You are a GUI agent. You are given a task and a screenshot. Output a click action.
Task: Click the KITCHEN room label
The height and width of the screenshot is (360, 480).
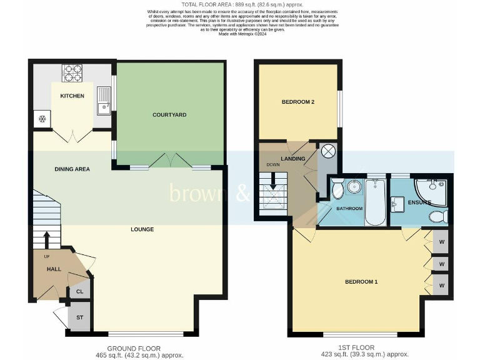[72, 96]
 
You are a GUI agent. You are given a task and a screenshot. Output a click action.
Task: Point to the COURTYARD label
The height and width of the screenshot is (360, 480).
[169, 115]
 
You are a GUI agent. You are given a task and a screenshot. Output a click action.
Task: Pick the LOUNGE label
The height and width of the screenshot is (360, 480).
[142, 229]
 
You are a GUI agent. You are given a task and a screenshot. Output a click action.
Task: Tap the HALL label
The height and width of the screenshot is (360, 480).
[54, 269]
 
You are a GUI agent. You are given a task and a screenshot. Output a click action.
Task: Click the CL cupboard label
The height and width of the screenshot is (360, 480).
[79, 291]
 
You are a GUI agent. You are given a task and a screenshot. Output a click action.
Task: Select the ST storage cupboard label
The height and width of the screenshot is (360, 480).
[79, 317]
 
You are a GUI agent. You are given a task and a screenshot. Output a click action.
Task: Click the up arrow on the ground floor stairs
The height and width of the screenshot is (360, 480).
[47, 240]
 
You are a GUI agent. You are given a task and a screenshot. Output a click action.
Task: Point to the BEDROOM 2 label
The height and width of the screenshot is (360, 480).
[297, 102]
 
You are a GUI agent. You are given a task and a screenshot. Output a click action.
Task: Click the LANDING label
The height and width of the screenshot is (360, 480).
[293, 159]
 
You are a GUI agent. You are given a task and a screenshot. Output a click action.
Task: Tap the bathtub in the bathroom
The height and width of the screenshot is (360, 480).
[375, 201]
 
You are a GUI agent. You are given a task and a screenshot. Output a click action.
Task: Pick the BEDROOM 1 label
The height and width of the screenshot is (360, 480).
[361, 282]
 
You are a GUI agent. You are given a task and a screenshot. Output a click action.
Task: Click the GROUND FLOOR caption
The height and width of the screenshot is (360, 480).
[133, 349]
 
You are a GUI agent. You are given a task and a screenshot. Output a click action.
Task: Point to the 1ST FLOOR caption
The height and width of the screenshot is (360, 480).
[356, 347]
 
